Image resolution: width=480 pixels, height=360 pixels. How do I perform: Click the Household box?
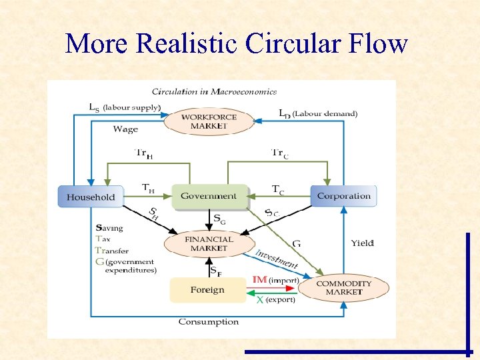pos(91,197)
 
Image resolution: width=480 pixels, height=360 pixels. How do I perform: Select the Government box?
pos(209,196)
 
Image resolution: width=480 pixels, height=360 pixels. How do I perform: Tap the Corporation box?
pos(343,196)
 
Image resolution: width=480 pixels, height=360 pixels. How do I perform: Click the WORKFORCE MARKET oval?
pos(209,121)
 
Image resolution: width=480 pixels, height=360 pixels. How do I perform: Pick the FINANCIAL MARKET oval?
pos(209,243)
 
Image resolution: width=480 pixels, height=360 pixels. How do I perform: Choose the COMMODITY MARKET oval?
pos(343,287)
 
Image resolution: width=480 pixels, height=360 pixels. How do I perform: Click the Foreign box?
pos(207,290)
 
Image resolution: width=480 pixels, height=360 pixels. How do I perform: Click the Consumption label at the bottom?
pos(208,322)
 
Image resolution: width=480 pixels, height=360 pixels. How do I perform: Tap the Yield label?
pos(363,243)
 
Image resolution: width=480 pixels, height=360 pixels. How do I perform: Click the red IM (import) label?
pos(275,281)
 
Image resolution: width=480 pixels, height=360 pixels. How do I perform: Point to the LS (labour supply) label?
pos(125,107)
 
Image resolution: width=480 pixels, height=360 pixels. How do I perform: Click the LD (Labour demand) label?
pos(317,114)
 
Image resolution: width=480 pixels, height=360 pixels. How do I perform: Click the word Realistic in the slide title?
pos(186,43)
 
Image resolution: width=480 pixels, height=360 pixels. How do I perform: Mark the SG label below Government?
pos(219,218)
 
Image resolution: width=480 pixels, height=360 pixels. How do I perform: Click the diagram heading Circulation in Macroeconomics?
pos(213,91)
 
